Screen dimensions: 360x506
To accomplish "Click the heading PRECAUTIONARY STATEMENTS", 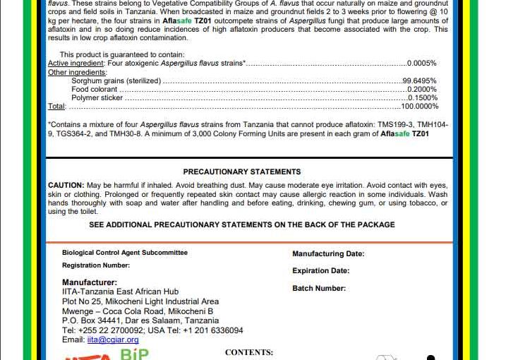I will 241,172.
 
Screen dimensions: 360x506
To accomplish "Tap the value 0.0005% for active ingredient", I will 422,63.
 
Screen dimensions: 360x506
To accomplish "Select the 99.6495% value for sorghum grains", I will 421,81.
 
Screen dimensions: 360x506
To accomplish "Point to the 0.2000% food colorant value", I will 422,90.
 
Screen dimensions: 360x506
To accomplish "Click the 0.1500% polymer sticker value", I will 422,98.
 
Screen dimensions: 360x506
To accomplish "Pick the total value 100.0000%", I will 420,106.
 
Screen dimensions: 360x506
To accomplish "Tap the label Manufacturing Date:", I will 328,254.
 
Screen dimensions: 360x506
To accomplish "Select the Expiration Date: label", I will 320,270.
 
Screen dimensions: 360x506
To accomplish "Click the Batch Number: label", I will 319,288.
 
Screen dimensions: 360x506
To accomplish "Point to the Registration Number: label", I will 96,265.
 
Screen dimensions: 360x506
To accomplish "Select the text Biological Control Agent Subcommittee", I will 125,252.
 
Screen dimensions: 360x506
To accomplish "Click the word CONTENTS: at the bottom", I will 248,352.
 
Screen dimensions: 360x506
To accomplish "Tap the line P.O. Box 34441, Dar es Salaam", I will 140,320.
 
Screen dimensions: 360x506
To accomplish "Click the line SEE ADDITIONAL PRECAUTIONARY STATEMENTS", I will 241,224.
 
